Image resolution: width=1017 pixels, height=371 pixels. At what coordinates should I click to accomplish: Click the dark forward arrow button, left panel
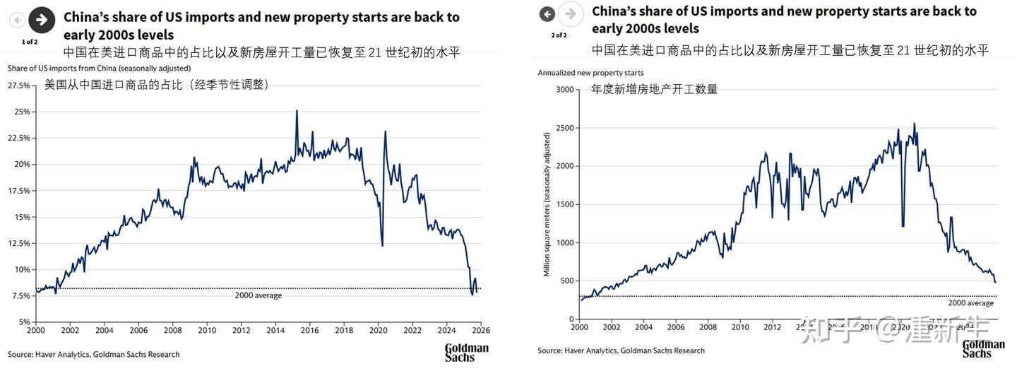42,20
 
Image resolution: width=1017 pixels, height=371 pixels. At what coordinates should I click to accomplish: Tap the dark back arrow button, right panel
547,13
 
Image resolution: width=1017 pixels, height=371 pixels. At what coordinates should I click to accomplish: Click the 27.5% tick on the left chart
18,86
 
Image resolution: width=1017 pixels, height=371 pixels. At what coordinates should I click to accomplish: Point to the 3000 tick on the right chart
563,89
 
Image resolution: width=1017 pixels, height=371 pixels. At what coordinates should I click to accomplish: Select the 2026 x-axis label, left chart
480,330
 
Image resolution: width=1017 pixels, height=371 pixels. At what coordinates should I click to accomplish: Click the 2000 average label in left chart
258,295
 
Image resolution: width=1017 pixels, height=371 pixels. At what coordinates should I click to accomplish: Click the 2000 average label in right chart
970,303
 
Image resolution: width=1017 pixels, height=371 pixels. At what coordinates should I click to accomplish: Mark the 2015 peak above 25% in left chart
297,110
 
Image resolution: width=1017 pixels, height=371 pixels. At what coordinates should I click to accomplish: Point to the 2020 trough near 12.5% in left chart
382,245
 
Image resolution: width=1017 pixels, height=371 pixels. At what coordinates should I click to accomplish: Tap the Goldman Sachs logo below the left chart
466,353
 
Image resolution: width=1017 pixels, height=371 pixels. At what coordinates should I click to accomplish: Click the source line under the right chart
621,351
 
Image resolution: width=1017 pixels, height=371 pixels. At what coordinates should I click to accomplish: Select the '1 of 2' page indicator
30,42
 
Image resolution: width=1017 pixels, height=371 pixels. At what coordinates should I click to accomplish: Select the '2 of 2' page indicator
558,35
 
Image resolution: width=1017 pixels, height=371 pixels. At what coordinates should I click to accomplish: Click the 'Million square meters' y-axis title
547,204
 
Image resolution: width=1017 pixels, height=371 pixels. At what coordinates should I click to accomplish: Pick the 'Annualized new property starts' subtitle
590,73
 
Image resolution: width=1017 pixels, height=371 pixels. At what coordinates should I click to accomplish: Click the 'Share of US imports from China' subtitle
99,68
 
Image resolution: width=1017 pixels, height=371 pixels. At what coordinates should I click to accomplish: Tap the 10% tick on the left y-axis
21,269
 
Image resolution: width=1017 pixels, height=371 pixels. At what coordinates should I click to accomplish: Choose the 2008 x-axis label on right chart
708,327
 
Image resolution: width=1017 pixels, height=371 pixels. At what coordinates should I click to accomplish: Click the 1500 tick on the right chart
563,204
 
